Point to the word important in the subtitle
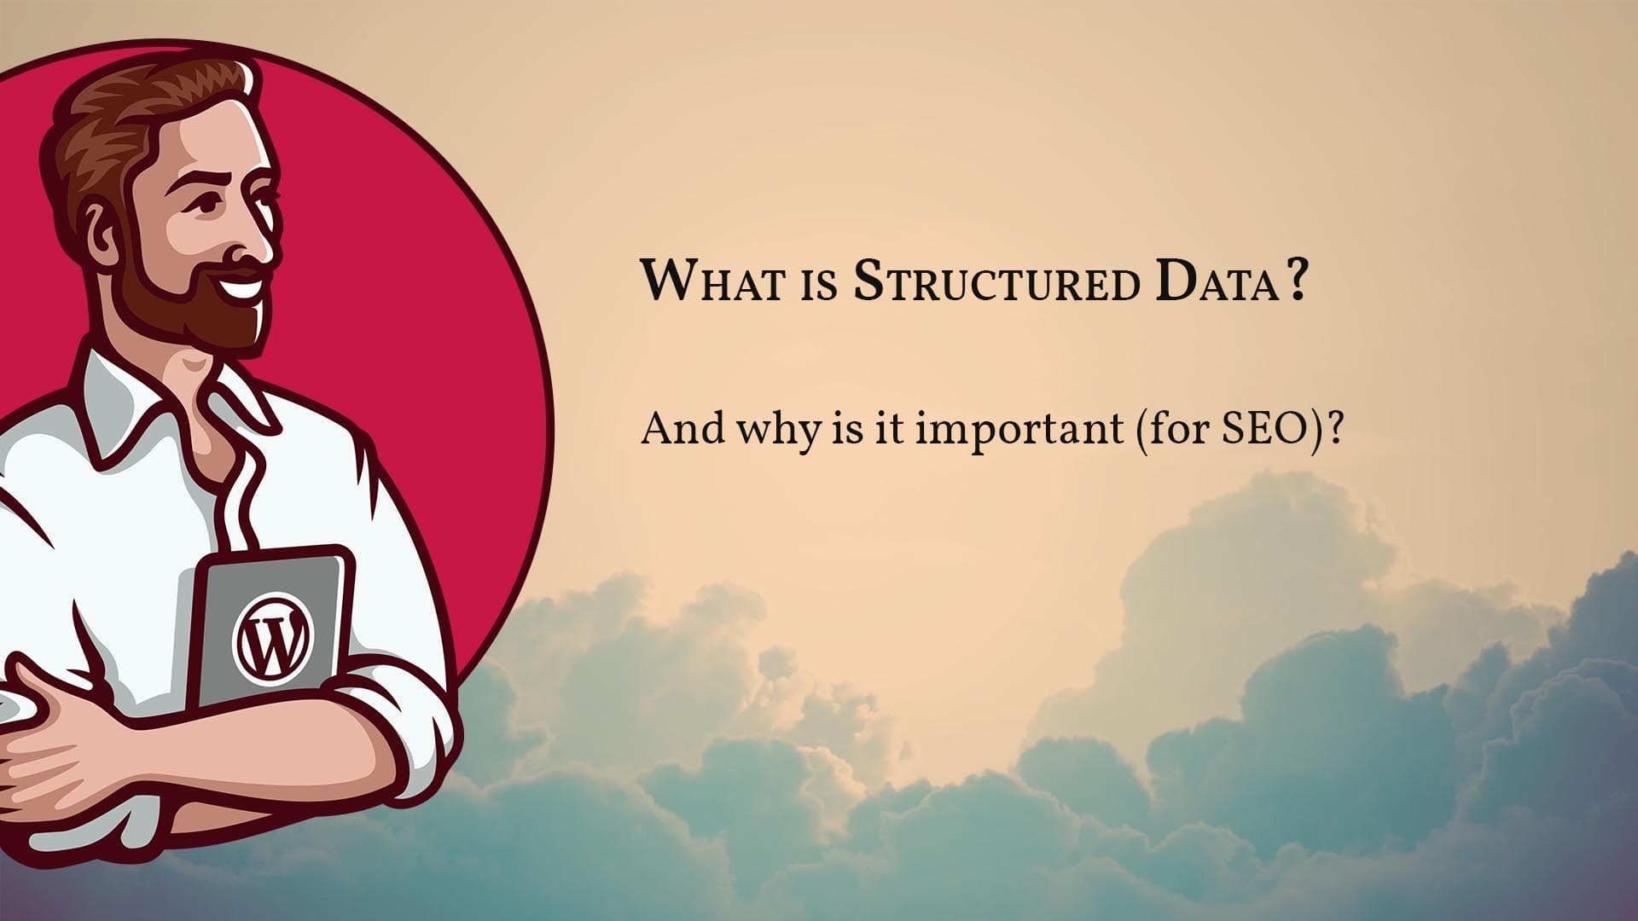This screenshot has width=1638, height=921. [1019, 429]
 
